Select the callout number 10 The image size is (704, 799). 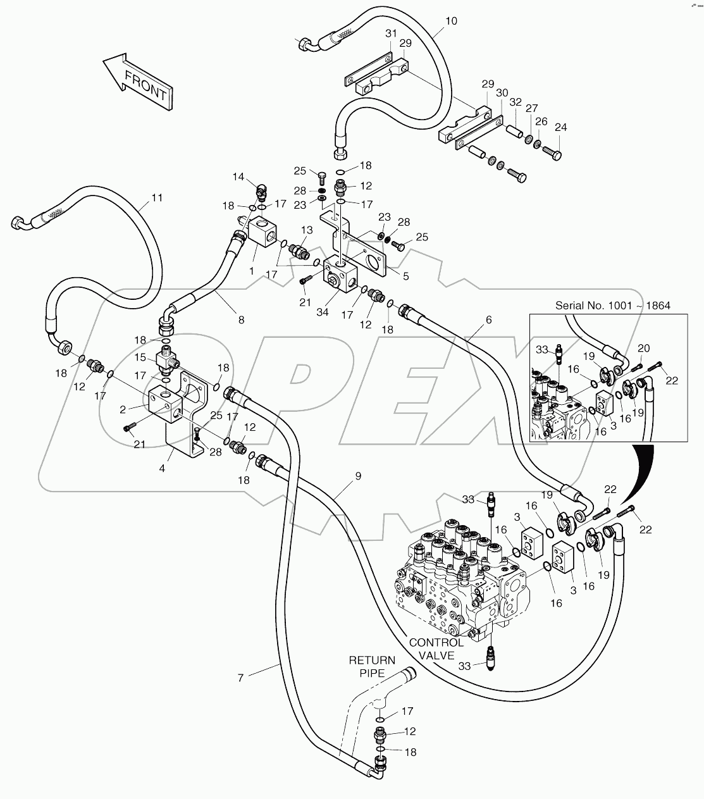pos(450,21)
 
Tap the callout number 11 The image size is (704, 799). pos(157,197)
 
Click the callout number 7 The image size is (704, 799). pos(240,678)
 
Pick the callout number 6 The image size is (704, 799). pos(488,320)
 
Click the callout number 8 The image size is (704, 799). pos(241,320)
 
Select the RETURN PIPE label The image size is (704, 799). pos(373,667)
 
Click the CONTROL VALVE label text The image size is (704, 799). pos(436,648)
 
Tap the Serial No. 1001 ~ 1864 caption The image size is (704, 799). pos(612,306)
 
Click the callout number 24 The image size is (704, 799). pos(560,127)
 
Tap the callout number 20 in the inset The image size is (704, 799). pos(643,348)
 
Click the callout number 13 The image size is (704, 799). pos(307,230)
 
